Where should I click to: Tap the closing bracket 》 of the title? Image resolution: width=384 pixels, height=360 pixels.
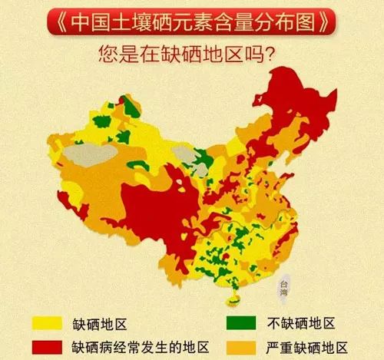tap(328, 22)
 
